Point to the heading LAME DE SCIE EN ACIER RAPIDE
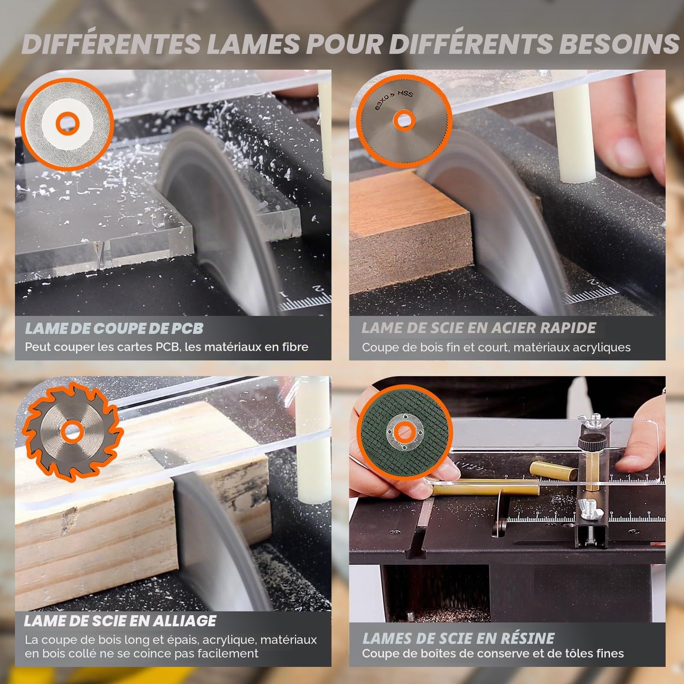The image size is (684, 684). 479,328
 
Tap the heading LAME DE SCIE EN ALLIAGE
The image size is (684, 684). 120,621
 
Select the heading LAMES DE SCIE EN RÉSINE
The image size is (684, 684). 458,639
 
